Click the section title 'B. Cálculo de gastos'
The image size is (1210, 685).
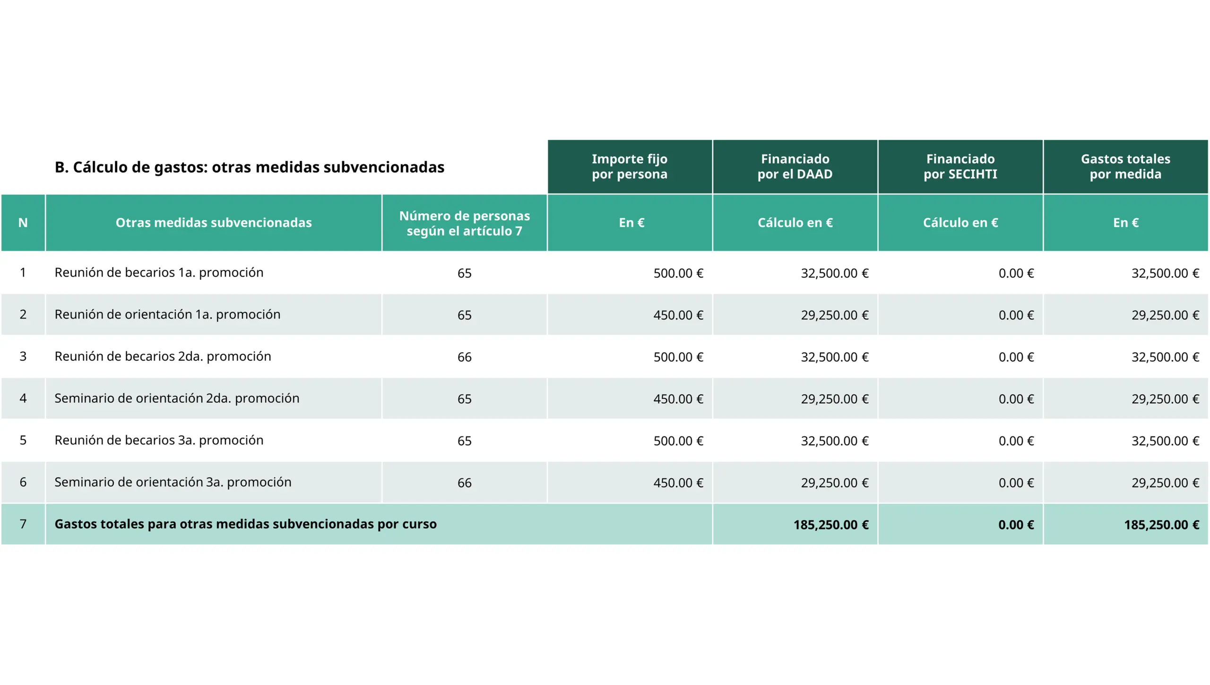(x=249, y=167)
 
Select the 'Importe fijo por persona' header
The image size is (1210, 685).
(x=630, y=166)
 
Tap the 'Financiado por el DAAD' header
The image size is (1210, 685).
(x=795, y=166)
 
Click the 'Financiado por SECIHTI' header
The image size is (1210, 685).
(x=960, y=166)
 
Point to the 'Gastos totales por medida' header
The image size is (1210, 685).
(x=1125, y=166)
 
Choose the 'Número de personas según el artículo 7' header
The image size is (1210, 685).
(x=464, y=223)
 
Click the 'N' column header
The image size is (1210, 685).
(x=23, y=223)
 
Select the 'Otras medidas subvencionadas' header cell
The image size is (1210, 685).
(x=214, y=223)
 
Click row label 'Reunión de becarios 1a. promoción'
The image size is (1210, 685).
(x=159, y=273)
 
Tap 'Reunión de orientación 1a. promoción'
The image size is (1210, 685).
(x=167, y=315)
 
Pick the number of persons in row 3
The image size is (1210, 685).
(x=464, y=357)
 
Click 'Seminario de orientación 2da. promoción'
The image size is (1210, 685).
(x=177, y=399)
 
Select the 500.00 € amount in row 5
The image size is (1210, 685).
(x=678, y=441)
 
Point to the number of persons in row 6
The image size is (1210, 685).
(x=464, y=483)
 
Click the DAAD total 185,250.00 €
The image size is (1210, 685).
(x=831, y=525)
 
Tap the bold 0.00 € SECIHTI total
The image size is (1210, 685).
(x=1016, y=525)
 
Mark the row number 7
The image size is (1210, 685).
(x=23, y=524)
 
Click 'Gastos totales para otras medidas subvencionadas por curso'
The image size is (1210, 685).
(x=245, y=524)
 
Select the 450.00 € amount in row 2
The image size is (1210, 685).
(x=678, y=315)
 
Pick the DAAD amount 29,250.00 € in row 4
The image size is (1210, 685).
(x=834, y=399)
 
